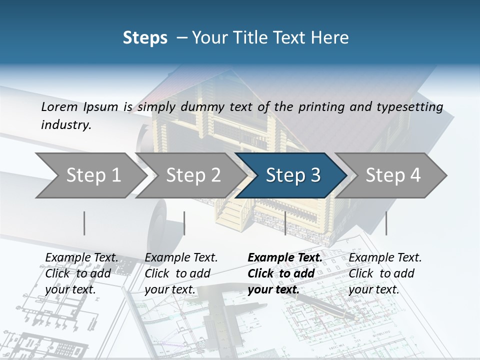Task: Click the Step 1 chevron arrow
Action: pos(90,175)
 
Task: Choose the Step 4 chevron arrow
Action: pos(392,175)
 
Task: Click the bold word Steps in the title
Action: pos(145,37)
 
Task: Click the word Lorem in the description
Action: pos(59,106)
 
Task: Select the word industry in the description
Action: pos(65,125)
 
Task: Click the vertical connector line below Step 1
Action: pos(84,223)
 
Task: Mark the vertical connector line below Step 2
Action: pos(184,223)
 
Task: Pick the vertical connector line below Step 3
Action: pos(285,223)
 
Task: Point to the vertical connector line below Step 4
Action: pos(386,223)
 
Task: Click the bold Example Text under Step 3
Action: pos(285,257)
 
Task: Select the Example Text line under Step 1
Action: pos(81,257)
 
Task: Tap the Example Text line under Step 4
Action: pos(385,257)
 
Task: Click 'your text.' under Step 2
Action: pos(169,289)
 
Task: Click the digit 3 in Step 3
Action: pos(315,175)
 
